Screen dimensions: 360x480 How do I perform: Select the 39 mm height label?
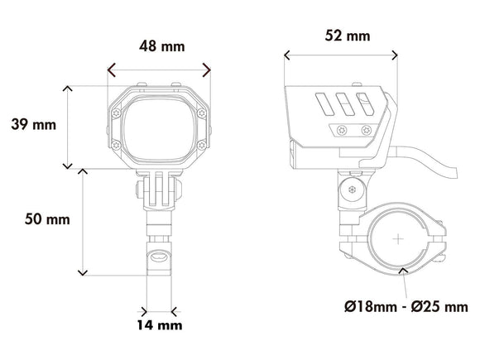33,125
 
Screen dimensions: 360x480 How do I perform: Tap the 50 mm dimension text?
47,219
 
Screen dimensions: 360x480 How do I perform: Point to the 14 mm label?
158,325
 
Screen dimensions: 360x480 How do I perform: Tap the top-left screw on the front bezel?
115,105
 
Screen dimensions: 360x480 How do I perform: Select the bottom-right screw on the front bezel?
204,146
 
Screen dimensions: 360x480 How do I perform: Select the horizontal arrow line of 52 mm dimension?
341,57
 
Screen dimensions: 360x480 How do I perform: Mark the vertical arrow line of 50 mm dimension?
82,221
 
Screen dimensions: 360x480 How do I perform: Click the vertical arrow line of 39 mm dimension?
67,126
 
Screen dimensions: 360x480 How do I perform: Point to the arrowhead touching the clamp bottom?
401,271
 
